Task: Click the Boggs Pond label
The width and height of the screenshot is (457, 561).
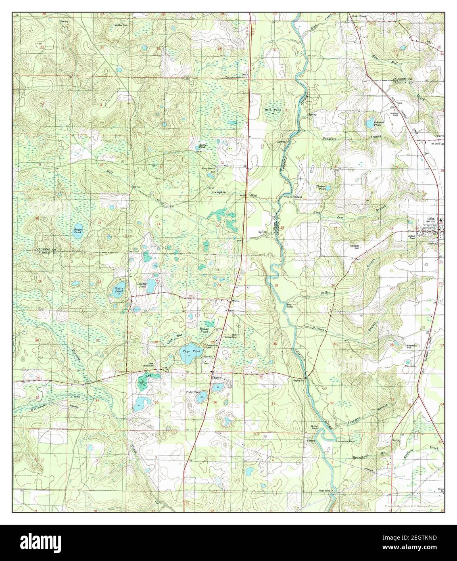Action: pos(77,231)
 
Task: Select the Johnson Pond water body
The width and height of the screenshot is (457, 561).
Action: pos(369,123)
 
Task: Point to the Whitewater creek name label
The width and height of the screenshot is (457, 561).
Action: pos(39,409)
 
